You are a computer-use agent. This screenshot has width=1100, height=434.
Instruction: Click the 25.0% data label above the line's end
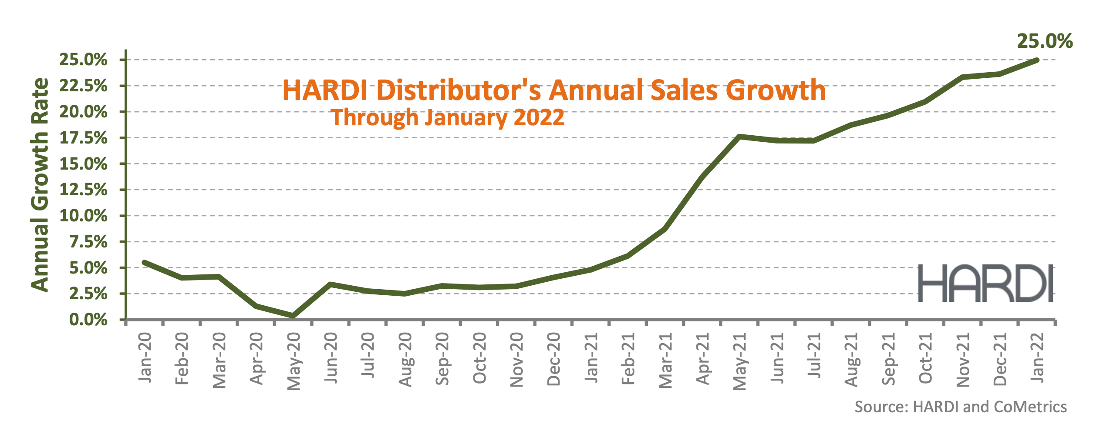pos(1044,41)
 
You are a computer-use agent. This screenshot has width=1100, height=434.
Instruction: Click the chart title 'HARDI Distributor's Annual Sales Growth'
pos(554,90)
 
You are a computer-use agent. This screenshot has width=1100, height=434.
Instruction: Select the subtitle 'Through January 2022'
pos(448,117)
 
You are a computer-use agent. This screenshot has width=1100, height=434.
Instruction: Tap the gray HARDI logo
pos(985,283)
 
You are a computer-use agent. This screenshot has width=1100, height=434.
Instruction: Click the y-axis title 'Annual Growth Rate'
pos(40,185)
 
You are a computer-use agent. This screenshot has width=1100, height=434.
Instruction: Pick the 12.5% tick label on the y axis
pos(83,190)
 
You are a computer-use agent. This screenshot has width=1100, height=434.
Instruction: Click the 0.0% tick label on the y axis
pos(88,320)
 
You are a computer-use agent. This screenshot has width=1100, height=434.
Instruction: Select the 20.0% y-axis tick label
pos(83,112)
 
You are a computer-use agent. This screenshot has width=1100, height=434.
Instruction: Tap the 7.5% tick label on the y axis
pos(88,242)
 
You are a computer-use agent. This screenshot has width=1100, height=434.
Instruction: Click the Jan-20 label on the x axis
pos(145,357)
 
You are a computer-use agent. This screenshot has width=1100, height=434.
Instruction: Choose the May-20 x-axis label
pos(294,361)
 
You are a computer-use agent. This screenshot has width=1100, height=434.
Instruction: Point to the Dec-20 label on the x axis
pos(553,359)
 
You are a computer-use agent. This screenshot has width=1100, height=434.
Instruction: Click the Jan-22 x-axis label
pos(1037,357)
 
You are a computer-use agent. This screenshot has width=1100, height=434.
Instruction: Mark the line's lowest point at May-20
pos(293,315)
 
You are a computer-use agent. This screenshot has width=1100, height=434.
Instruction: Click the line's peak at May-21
pos(739,137)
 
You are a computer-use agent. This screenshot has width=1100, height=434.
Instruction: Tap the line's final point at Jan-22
pos(1037,60)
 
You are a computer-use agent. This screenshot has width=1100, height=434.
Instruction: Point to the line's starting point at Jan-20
pos(145,262)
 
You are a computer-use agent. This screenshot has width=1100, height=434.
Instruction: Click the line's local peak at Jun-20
pos(331,284)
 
